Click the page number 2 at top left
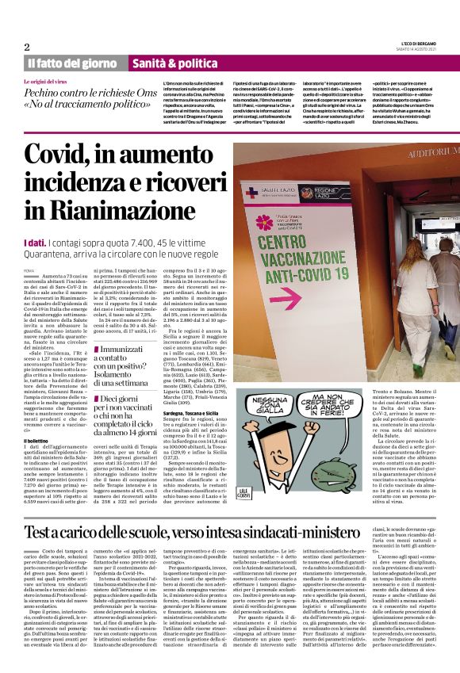pos(27,47)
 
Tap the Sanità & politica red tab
pos(174,63)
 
